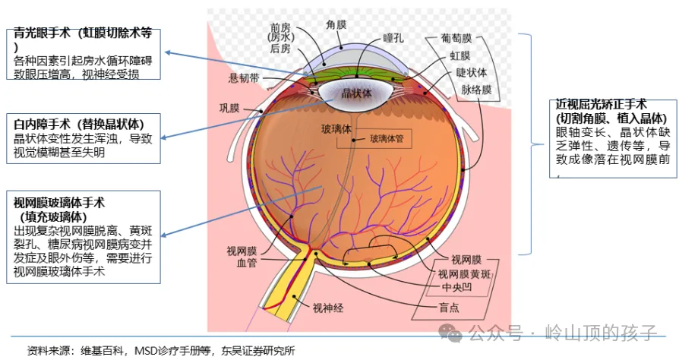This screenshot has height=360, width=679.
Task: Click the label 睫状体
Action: coord(471,72)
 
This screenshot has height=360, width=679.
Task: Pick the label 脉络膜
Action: coord(476,89)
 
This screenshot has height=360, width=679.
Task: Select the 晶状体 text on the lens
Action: coord(356,93)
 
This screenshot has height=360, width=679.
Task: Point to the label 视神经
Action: coord(328,308)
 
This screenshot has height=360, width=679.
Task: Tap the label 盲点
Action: coord(449,307)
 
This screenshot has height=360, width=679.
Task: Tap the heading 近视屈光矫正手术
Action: coord(601,105)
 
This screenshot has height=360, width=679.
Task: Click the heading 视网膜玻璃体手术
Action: coord(59,202)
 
